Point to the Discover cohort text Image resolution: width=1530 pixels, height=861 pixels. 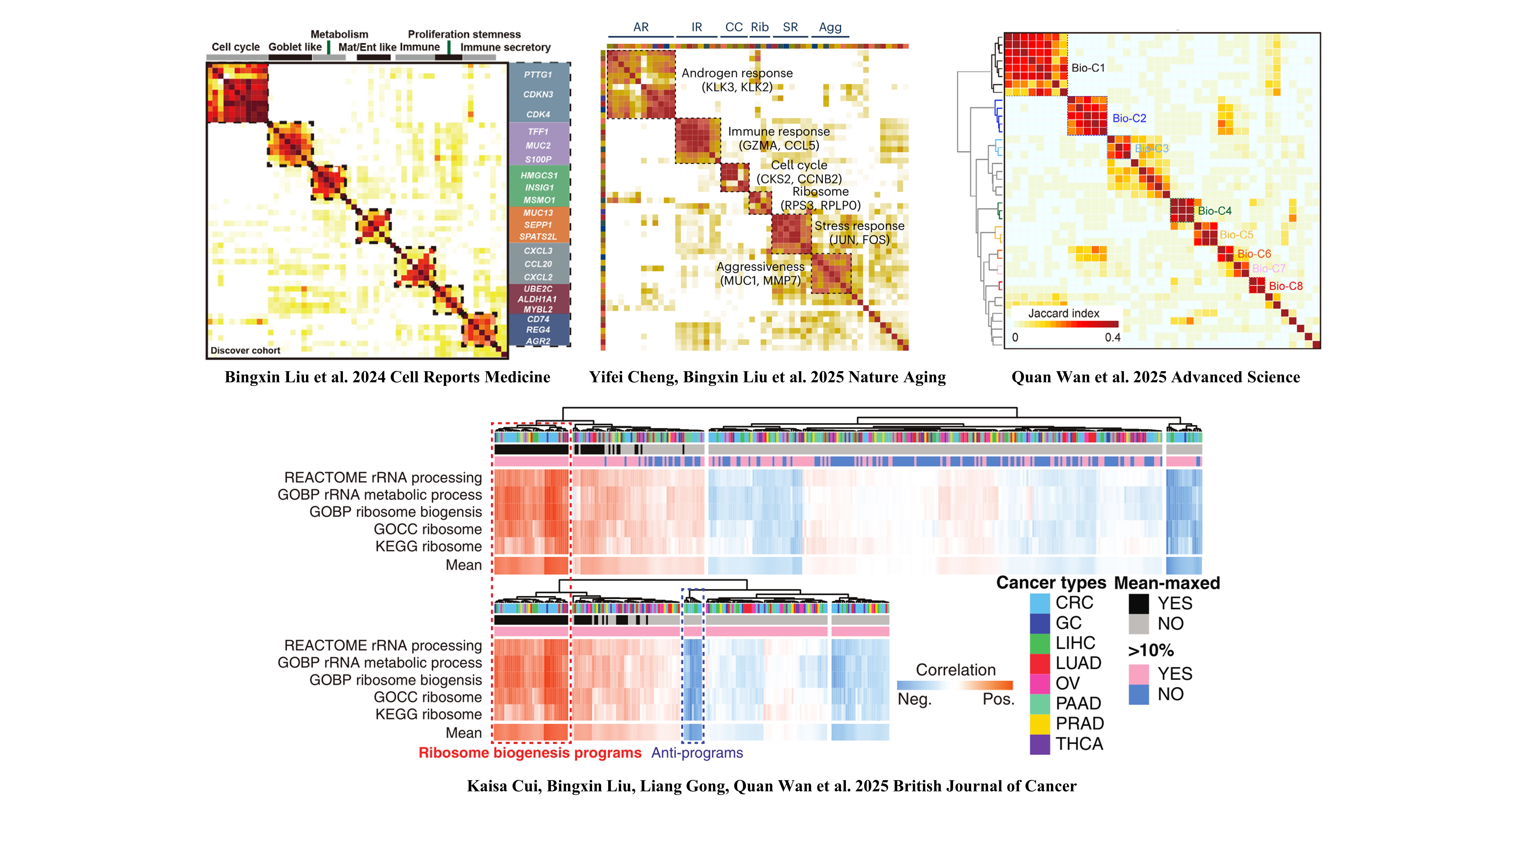[x=245, y=351]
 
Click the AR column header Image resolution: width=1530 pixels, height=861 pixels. [x=641, y=27]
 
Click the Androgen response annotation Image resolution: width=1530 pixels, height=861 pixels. [x=737, y=73]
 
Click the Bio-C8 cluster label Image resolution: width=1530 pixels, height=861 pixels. [x=1285, y=286]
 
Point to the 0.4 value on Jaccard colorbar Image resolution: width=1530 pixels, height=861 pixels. [x=1113, y=338]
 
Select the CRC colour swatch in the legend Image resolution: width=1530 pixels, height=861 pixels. [x=1039, y=603]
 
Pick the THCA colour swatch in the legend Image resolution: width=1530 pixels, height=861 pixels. [x=1039, y=744]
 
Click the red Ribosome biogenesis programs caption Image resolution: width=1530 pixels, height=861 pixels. [x=530, y=753]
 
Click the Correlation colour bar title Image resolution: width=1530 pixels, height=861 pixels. [x=955, y=670]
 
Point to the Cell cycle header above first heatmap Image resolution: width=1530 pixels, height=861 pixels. [x=236, y=47]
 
